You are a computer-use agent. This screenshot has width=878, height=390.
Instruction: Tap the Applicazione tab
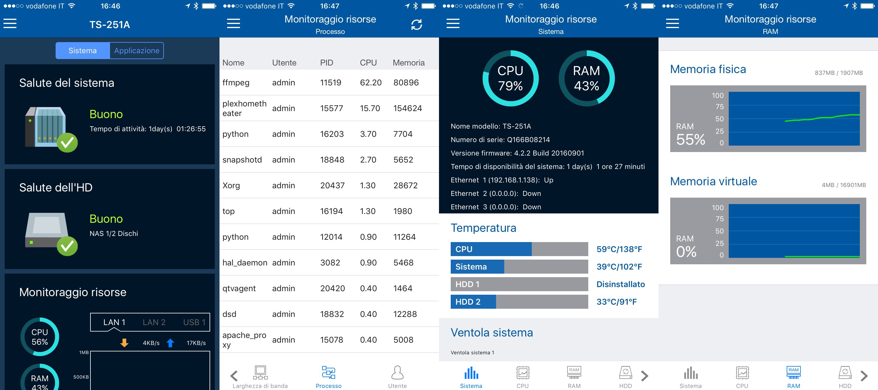(137, 50)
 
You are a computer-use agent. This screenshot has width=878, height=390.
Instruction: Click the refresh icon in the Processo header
(416, 25)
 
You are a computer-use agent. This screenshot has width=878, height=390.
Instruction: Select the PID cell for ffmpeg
(331, 82)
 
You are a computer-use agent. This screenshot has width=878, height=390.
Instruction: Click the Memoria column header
(408, 63)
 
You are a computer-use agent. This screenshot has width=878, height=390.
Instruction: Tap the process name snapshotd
(242, 160)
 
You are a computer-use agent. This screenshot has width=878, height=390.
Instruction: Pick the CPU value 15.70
(370, 108)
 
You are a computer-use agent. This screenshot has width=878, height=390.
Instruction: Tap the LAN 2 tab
(154, 322)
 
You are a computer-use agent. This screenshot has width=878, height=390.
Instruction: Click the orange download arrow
(124, 343)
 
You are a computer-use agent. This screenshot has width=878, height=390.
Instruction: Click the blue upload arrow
(170, 343)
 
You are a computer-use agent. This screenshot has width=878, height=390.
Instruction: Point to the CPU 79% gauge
(510, 78)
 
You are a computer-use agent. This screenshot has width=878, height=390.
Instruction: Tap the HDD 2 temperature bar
(519, 302)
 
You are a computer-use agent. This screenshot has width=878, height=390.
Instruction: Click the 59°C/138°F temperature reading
(619, 249)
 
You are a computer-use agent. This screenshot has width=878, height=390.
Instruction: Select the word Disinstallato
(620, 284)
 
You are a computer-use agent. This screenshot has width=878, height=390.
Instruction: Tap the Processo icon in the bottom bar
(329, 373)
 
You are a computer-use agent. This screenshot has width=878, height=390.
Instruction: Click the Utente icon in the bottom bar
(397, 373)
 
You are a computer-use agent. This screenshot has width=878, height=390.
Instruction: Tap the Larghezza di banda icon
(260, 373)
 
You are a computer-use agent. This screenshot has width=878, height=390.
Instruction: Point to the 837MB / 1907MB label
(838, 73)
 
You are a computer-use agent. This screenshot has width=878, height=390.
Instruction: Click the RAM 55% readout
(690, 135)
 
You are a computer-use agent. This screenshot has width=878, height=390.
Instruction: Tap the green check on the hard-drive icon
(67, 246)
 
